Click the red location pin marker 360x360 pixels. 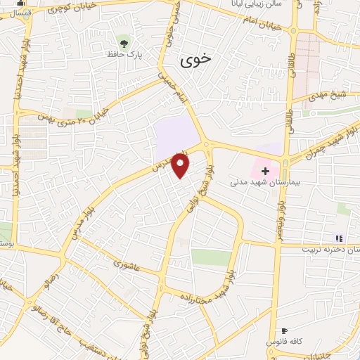click(181, 166)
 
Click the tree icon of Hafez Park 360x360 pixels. click(124, 41)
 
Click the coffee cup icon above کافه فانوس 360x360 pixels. click(284, 330)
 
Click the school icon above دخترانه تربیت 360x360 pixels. click(339, 238)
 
